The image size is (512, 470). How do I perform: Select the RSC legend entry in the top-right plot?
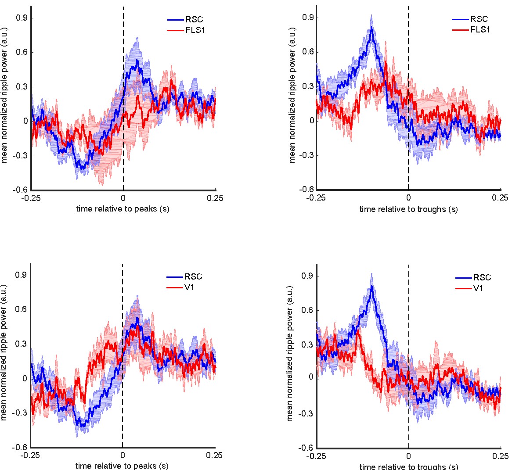pyautogui.click(x=479, y=19)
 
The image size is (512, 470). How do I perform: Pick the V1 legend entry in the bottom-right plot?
pyautogui.click(x=478, y=288)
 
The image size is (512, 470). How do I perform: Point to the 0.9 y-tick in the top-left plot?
pyautogui.click(x=22, y=18)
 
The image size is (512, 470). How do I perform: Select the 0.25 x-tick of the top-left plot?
pyautogui.click(x=215, y=198)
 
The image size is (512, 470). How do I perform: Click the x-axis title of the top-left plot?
pyautogui.click(x=123, y=208)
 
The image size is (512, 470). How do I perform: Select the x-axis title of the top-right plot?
pyautogui.click(x=408, y=209)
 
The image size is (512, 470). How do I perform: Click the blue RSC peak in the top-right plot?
pyautogui.click(x=371, y=27)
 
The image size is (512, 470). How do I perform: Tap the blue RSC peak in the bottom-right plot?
pyautogui.click(x=372, y=286)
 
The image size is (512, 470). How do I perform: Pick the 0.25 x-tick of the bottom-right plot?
pyautogui.click(x=501, y=456)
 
